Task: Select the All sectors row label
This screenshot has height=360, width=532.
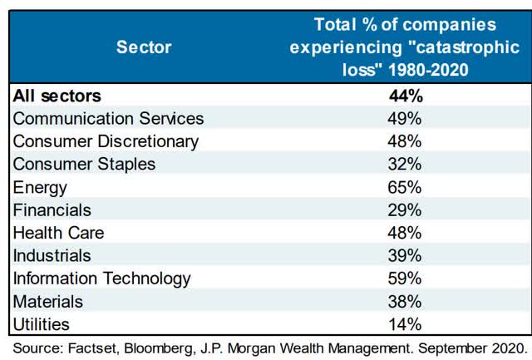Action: click(56, 96)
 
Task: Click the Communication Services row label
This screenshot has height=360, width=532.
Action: click(108, 119)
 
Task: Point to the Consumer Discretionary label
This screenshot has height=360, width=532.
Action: click(106, 141)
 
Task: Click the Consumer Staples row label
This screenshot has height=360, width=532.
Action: click(84, 165)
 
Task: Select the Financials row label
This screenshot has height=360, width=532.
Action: click(52, 210)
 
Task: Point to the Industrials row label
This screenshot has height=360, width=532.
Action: click(52, 255)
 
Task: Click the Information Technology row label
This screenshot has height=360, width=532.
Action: click(102, 279)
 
